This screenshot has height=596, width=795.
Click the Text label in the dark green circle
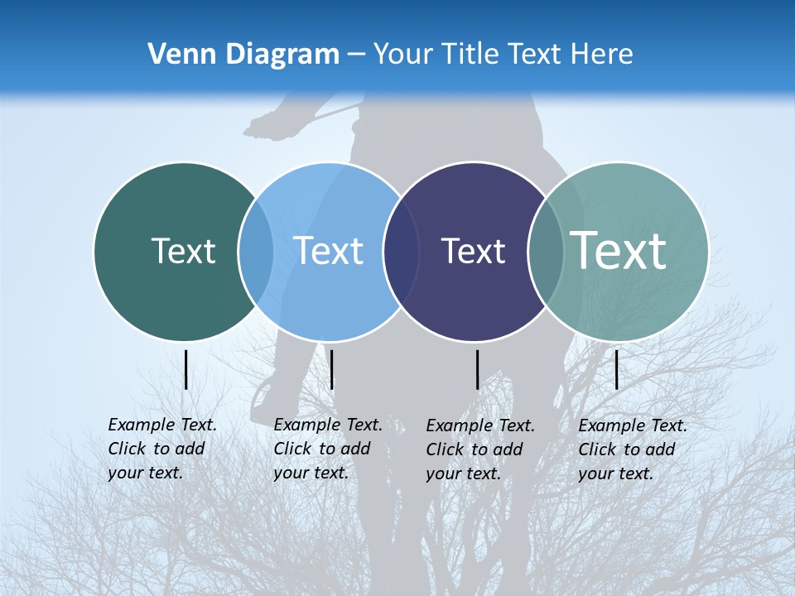183,251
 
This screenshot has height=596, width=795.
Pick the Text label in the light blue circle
328,251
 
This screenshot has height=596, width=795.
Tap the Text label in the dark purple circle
473,251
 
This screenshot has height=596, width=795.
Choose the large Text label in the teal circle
618,251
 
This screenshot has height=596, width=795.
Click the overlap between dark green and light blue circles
256,252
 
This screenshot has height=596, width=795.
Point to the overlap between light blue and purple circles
401,252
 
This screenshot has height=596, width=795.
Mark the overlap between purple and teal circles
545,252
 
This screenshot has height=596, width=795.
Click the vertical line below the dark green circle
186,369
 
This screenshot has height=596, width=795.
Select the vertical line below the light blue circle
331,369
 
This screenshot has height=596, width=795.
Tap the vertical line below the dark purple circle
478,369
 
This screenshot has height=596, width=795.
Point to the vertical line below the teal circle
616,369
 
